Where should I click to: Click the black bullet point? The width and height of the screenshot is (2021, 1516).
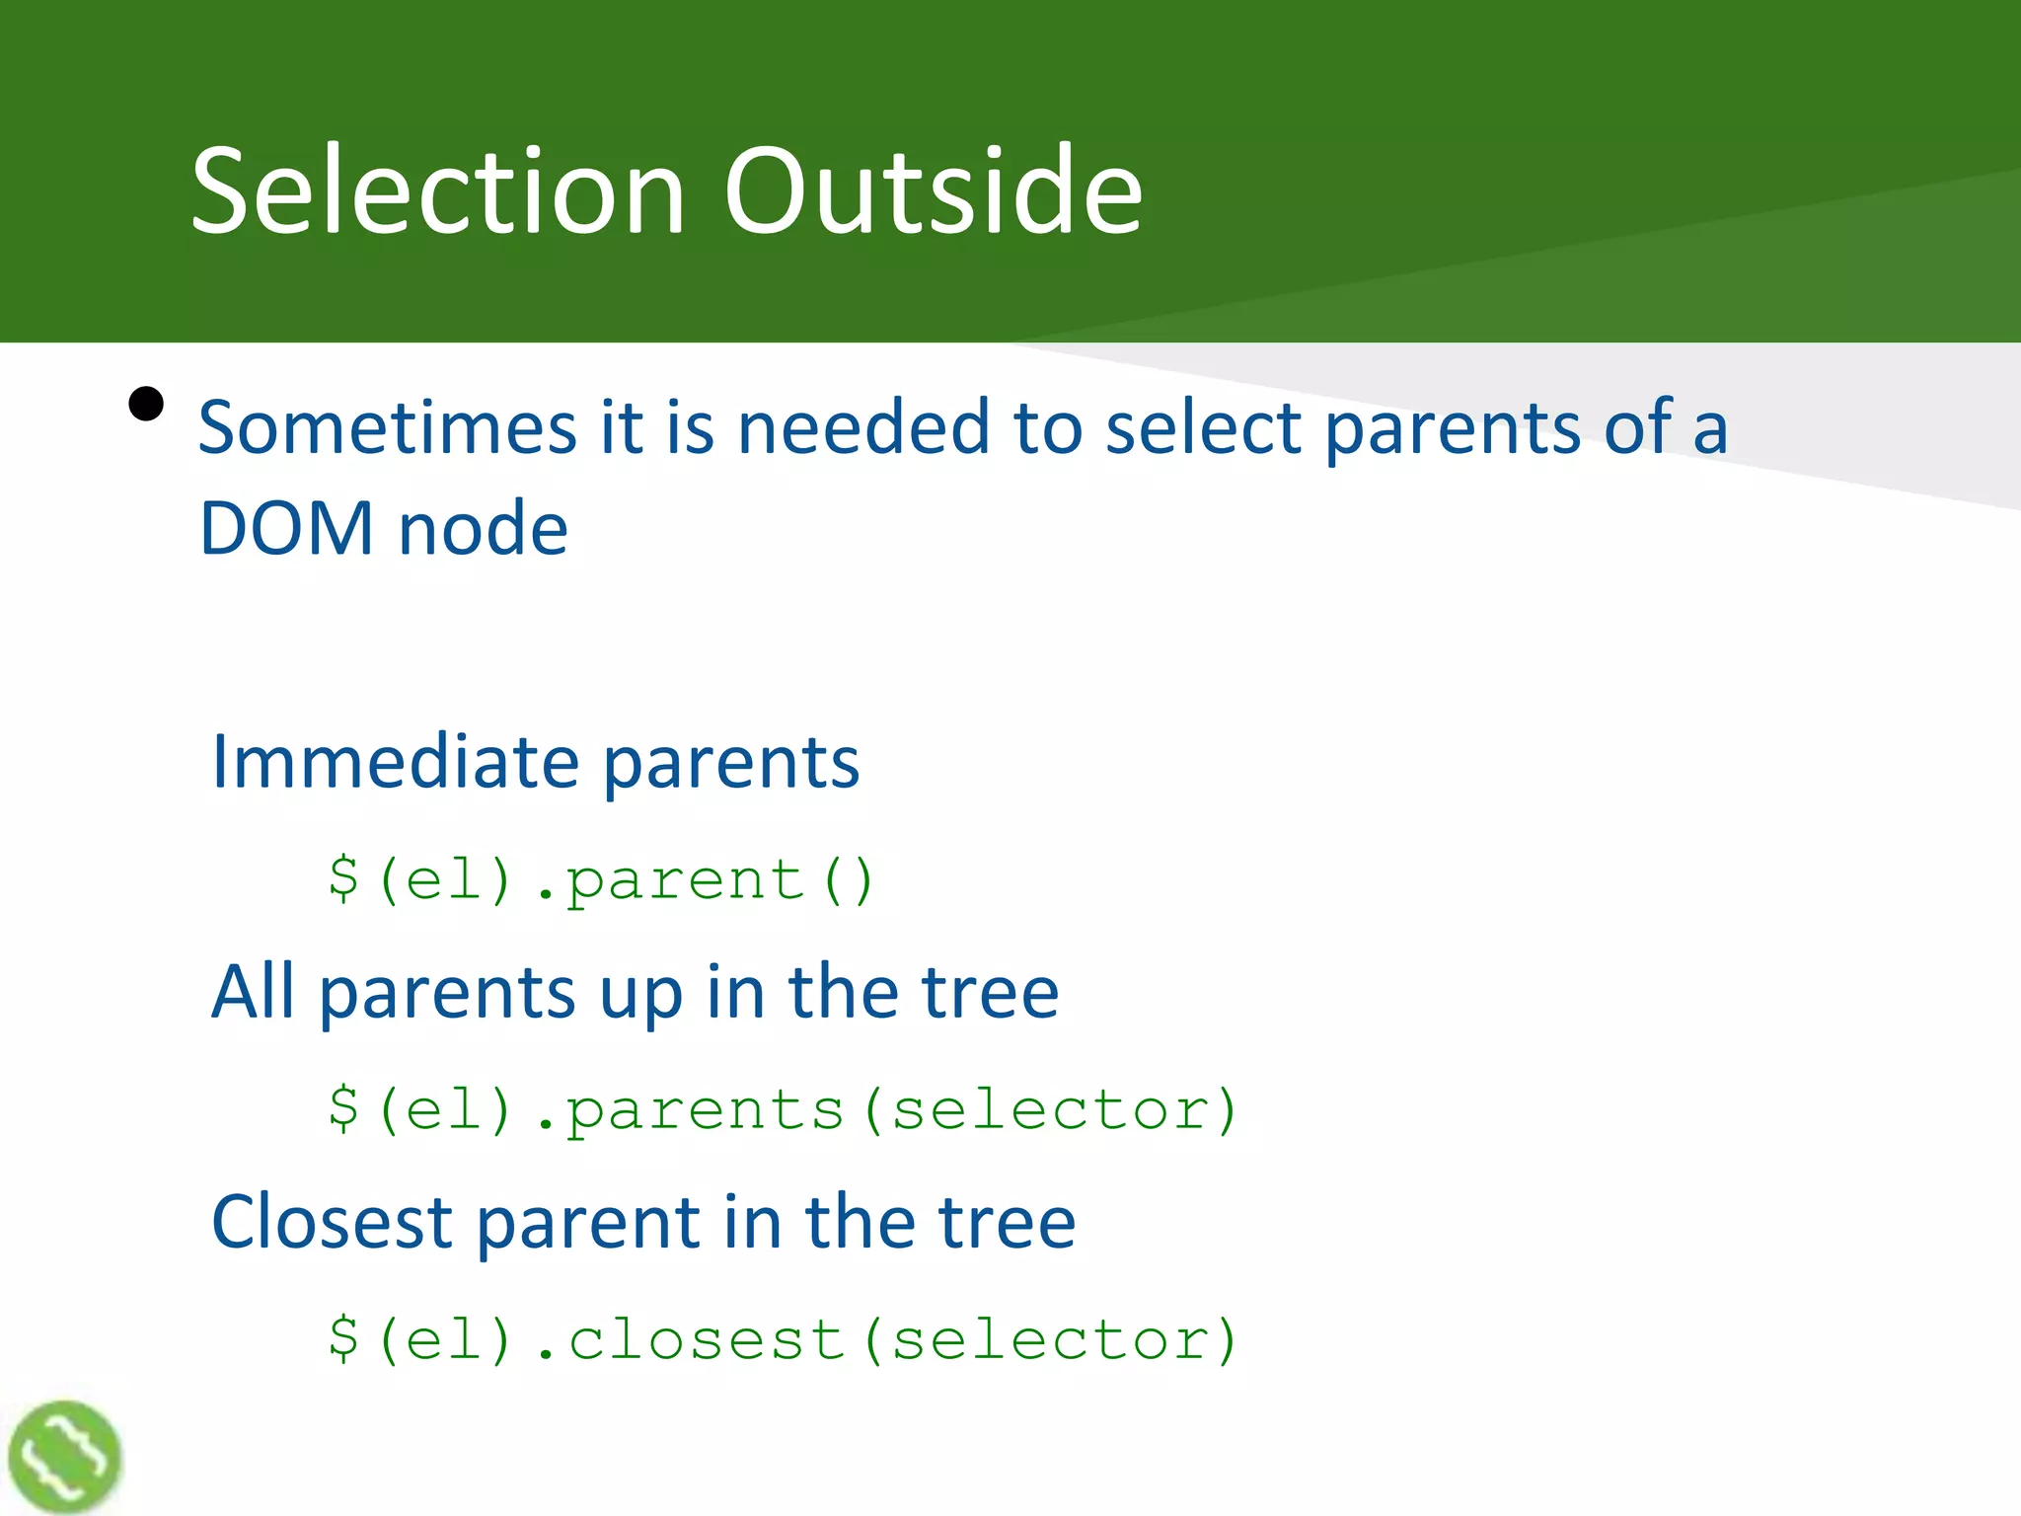146,404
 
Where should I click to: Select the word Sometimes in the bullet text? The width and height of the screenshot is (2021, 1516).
387,427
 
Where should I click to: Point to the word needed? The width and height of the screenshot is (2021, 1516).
863,427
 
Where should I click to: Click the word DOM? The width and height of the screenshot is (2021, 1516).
286,529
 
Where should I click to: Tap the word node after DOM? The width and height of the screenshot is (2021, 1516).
483,529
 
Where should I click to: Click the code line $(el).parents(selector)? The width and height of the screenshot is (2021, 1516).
782,1109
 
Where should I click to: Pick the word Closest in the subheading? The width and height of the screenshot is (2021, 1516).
332,1222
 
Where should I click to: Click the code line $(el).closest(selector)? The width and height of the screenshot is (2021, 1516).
782,1339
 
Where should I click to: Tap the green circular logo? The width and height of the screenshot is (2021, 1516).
65,1456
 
